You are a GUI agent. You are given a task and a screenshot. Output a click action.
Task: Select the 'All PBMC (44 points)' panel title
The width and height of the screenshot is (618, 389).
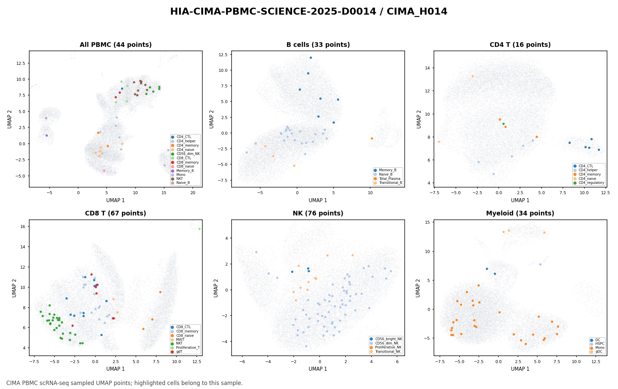click(x=116, y=45)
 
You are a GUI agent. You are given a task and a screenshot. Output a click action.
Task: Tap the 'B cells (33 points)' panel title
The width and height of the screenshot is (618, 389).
click(x=318, y=45)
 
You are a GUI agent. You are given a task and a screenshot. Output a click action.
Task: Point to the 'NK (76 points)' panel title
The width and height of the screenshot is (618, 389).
click(x=318, y=213)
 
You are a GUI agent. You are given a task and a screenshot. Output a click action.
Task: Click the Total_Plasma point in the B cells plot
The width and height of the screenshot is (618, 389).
click(x=372, y=138)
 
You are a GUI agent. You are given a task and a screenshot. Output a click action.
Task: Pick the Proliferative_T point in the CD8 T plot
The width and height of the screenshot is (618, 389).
click(x=199, y=229)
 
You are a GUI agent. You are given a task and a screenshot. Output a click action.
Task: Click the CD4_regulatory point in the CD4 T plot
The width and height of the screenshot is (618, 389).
click(x=503, y=124)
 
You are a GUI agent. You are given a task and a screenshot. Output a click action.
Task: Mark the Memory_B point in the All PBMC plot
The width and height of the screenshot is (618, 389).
click(x=47, y=135)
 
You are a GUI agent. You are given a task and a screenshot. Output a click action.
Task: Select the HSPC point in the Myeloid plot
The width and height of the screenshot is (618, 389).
click(x=540, y=264)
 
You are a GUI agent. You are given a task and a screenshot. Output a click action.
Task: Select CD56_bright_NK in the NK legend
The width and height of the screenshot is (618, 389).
click(x=386, y=339)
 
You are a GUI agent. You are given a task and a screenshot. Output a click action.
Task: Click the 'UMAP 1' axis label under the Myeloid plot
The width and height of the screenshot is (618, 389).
click(x=520, y=369)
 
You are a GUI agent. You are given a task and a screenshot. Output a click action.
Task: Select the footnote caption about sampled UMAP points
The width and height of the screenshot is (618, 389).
click(x=125, y=383)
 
